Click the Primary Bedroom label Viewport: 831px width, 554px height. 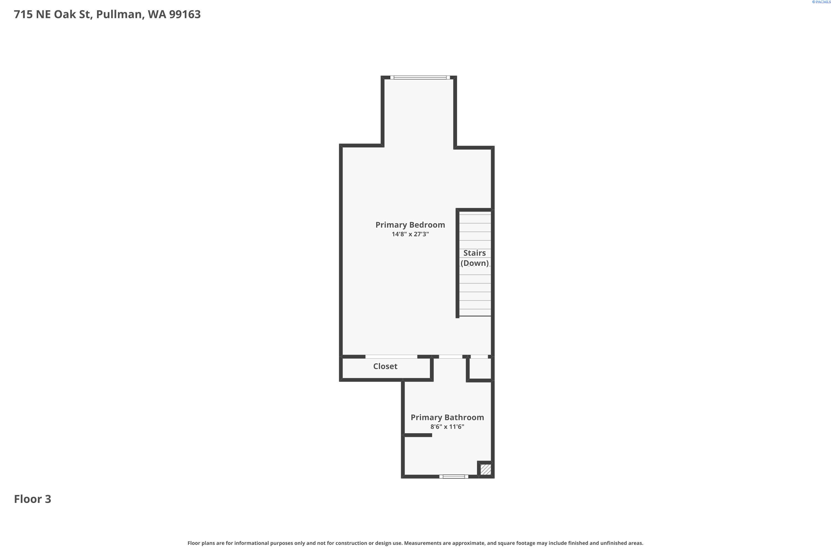410,225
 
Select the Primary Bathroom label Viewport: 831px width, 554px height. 447,417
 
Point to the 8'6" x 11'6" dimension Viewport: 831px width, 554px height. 447,427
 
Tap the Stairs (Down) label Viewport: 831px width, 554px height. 475,258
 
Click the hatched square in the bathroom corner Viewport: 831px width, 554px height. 486,470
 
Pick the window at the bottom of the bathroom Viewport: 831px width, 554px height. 454,477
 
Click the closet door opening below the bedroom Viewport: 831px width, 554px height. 391,357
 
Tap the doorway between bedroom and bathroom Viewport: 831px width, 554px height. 450,357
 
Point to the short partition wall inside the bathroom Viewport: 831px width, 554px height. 418,435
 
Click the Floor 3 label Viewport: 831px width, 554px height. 32,499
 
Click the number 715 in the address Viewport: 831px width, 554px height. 23,14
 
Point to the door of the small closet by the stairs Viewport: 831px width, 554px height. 479,357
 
